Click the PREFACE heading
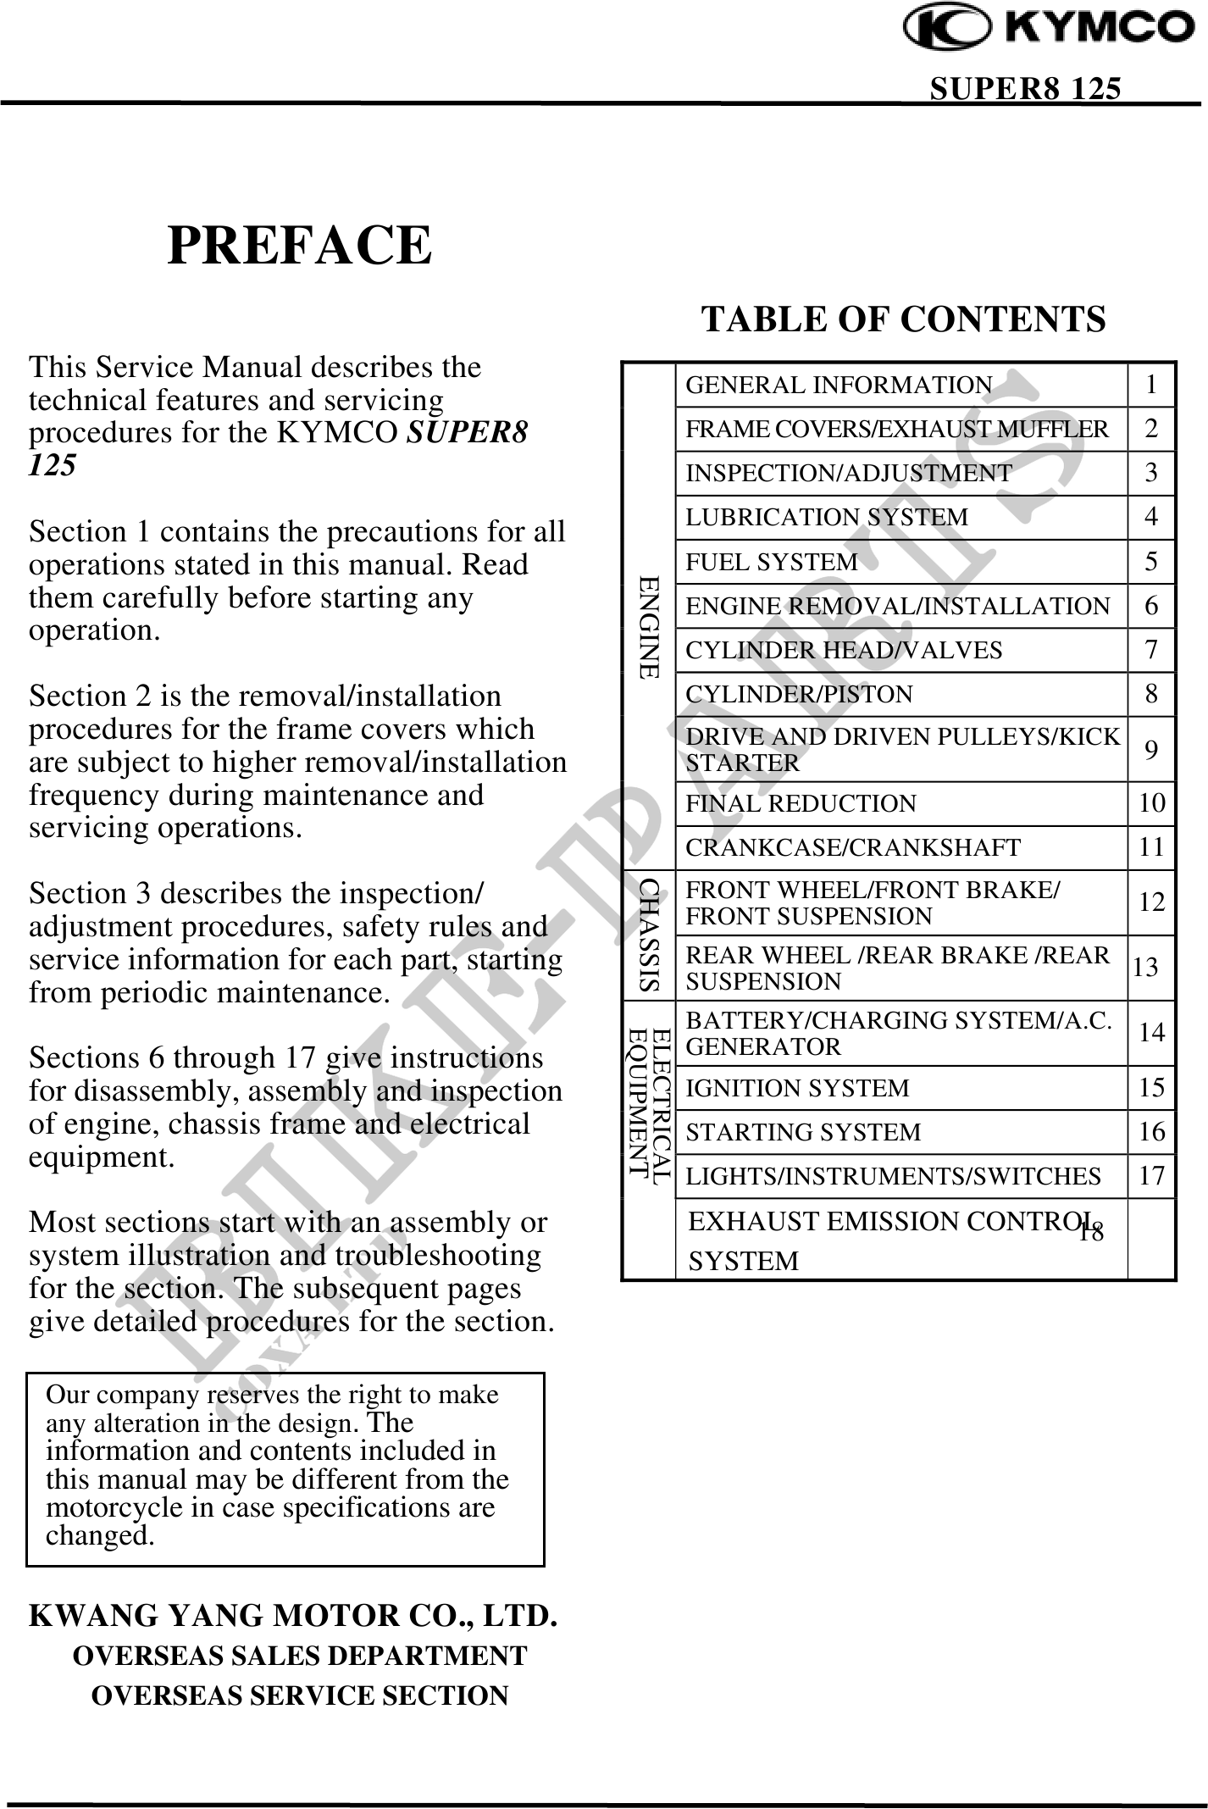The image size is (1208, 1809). (300, 246)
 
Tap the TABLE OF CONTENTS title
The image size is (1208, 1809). (903, 320)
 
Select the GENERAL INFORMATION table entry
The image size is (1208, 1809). (838, 386)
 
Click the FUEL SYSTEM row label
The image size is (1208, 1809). (771, 562)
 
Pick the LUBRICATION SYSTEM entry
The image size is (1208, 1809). (826, 518)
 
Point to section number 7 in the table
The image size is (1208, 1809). (1150, 650)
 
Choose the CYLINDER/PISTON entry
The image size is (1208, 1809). (799, 695)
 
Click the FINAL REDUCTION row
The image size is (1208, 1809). (801, 803)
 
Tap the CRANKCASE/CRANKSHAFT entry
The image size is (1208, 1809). (852, 847)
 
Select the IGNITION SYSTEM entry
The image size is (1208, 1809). (796, 1088)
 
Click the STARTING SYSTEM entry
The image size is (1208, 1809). (802, 1132)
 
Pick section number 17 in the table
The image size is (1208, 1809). (1151, 1176)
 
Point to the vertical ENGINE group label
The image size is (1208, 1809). (649, 627)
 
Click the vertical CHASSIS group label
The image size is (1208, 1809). (649, 935)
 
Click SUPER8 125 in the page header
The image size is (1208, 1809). (1025, 88)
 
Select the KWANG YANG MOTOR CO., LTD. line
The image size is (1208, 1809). (293, 1616)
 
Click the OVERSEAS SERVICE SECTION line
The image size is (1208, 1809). (300, 1695)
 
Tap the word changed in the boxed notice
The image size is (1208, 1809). (100, 1536)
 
